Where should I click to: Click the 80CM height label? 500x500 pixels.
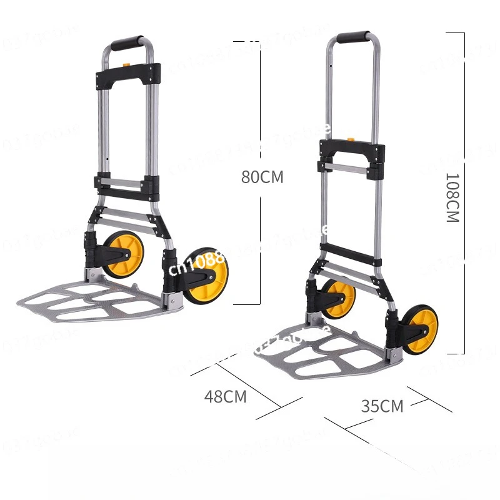point(262,177)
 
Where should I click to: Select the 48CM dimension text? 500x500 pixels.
point(226,396)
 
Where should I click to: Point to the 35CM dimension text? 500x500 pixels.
point(382,406)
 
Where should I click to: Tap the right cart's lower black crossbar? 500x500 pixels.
point(350,254)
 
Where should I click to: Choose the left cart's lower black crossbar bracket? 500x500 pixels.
point(127,185)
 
